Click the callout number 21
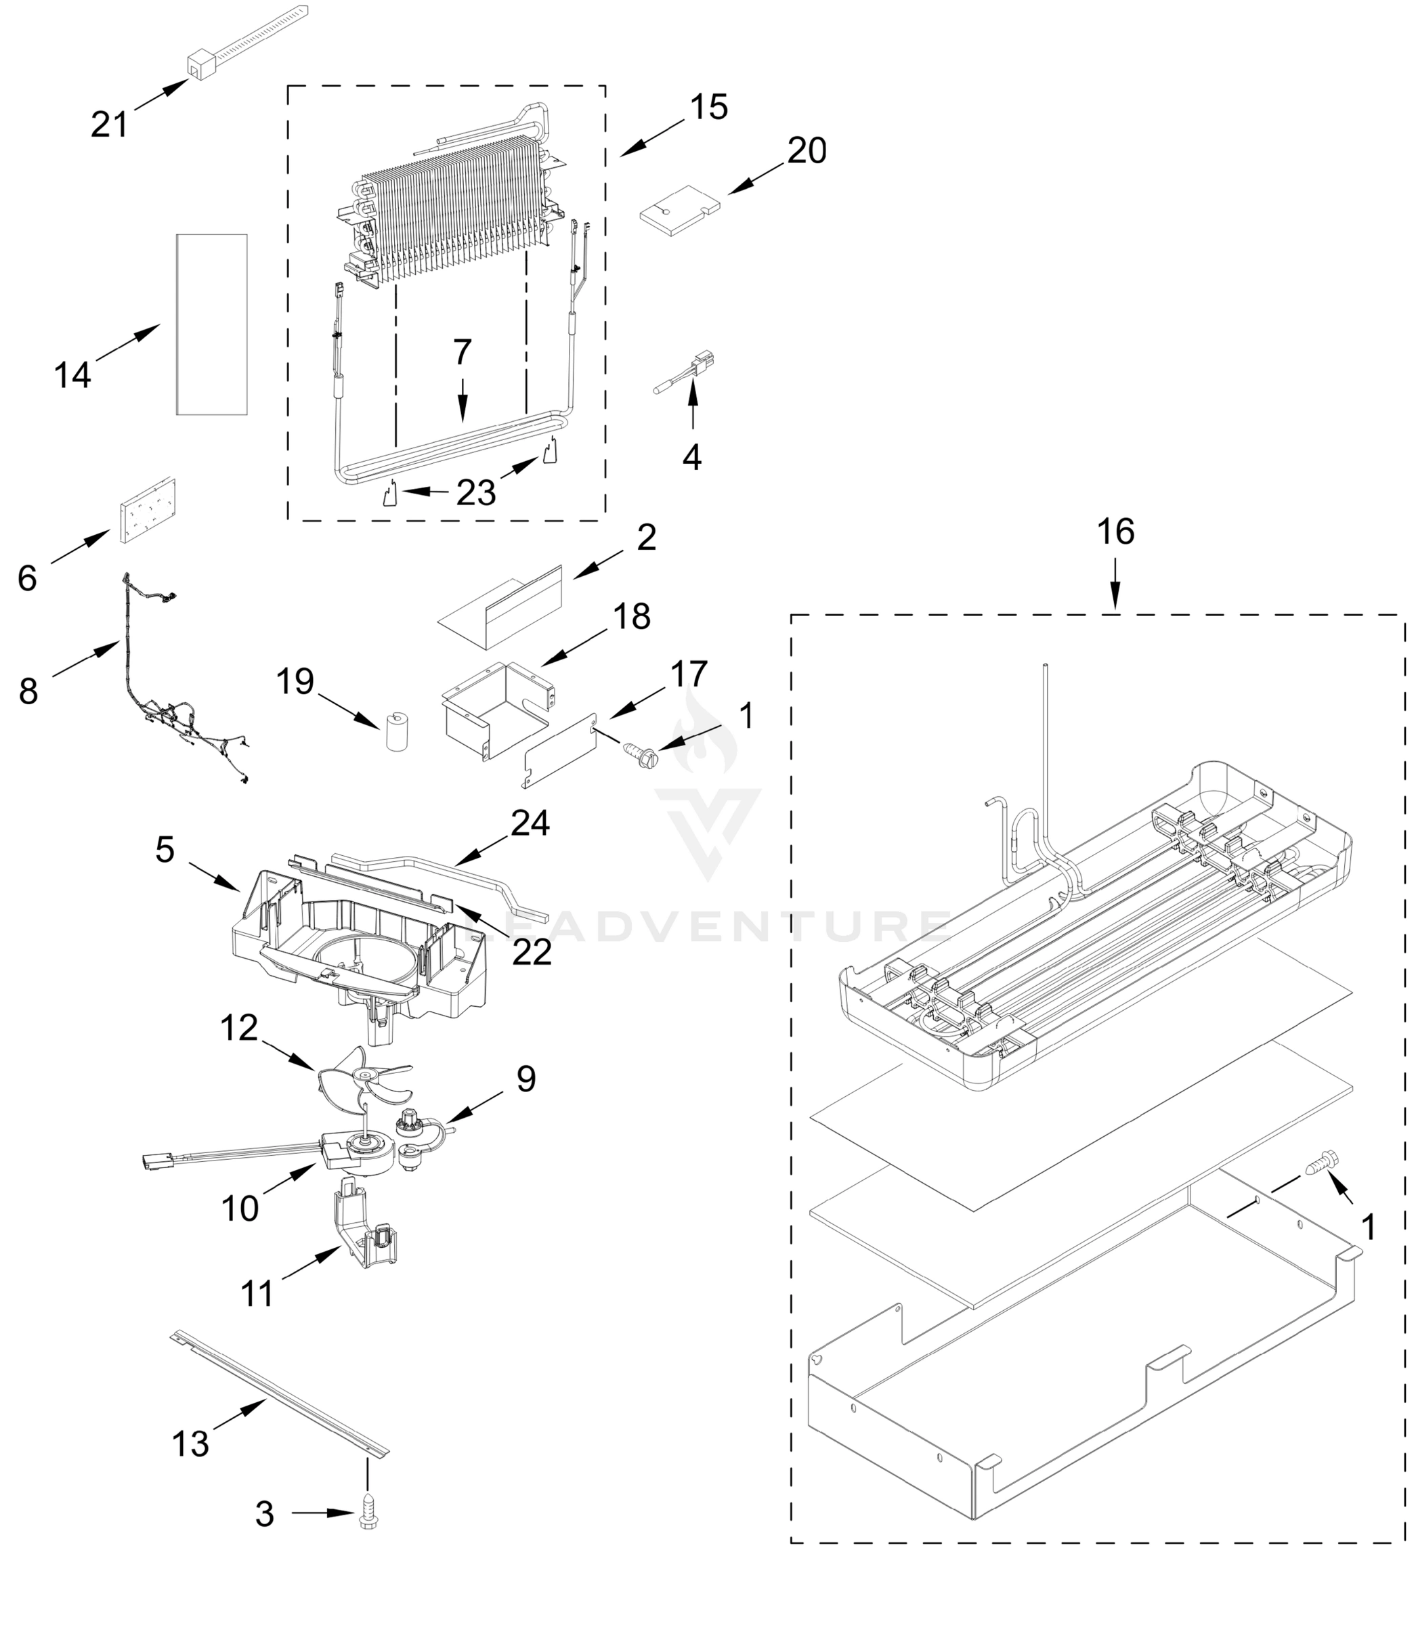click(109, 124)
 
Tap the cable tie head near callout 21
click(202, 66)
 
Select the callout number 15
click(708, 107)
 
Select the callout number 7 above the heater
click(463, 352)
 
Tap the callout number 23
click(477, 493)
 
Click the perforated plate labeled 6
click(147, 511)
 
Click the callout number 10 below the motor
click(240, 1208)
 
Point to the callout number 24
click(530, 823)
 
